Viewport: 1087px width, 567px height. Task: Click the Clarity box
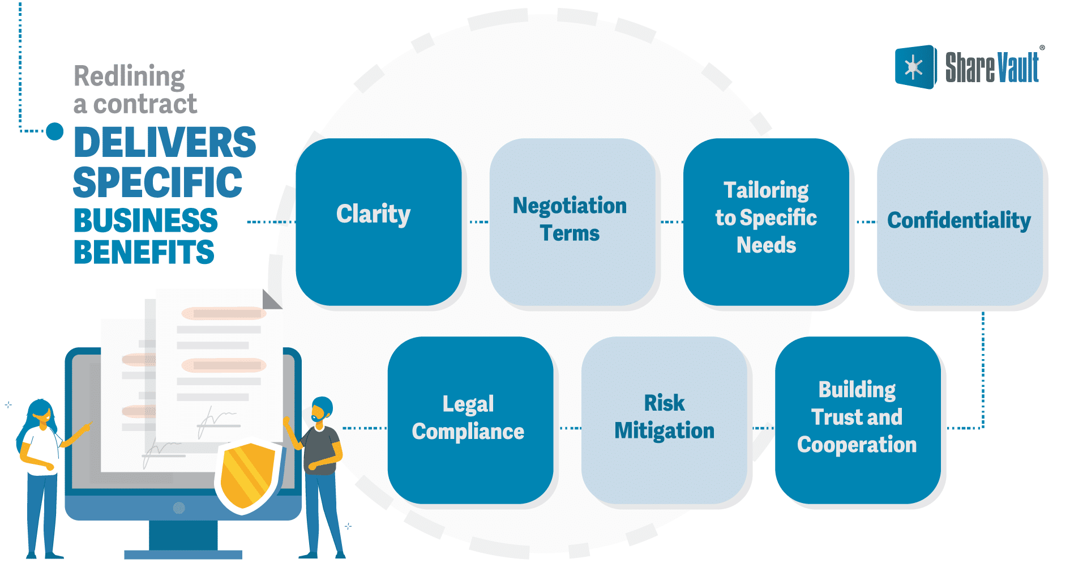coord(378,221)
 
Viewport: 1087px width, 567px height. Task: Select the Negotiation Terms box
coord(572,221)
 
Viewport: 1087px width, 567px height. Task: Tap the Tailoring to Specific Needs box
coord(765,221)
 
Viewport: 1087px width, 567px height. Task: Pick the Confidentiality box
coord(959,221)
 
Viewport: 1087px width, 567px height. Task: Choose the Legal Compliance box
coord(470,420)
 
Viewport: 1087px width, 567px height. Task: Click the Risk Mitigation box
coord(664,420)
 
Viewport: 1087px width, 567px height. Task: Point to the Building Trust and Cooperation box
coord(857,420)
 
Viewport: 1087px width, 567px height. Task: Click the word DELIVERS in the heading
coord(165,142)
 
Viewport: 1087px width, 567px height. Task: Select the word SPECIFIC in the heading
coord(157,182)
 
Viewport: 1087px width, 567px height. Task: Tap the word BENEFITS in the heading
coord(144,253)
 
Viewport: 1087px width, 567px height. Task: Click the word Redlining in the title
coord(129,76)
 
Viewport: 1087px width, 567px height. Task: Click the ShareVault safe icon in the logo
coord(914,67)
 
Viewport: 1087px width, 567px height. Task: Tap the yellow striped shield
coord(248,475)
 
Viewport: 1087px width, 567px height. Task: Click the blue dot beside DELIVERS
coord(54,131)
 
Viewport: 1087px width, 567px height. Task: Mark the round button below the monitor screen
coord(179,508)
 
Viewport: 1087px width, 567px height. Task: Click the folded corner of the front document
coord(271,300)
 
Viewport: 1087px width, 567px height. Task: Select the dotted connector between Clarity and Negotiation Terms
coord(478,222)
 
